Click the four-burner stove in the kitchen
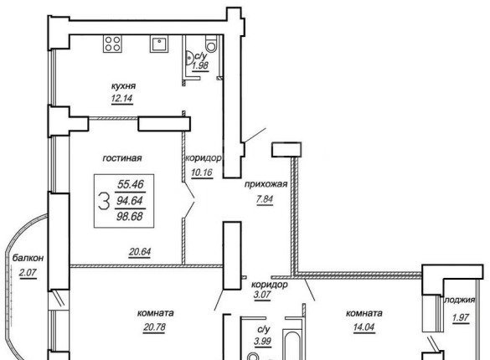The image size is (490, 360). coord(112,44)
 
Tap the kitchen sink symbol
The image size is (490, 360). coord(160,44)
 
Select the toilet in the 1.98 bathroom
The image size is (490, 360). coord(211,44)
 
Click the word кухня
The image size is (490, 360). coord(123,86)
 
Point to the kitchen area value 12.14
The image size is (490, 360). coord(122,99)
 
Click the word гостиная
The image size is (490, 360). coord(122,158)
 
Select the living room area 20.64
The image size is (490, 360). coord(140,252)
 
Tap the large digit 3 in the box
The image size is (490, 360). coord(104,201)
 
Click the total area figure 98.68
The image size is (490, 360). coord(130,216)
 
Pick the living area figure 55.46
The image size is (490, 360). coord(131,184)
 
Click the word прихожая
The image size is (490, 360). coord(266,184)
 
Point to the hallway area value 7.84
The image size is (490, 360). coord(265,199)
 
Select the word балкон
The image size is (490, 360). coord(28,258)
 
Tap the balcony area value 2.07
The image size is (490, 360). coord(28,273)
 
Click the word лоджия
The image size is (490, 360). coord(460,300)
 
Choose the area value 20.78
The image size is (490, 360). coord(155,327)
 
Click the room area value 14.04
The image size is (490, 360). coord(364,327)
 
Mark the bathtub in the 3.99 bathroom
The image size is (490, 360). coord(292,344)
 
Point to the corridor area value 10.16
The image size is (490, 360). coord(202,172)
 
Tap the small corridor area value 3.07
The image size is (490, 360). coord(262,295)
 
